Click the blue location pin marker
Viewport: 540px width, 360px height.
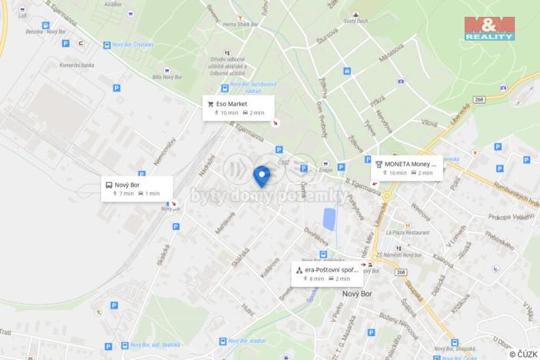click(262, 175)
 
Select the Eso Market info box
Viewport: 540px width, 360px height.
click(238, 107)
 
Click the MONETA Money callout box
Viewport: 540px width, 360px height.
click(407, 168)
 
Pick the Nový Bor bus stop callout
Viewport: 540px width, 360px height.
click(136, 189)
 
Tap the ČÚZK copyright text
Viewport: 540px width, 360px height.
click(523, 354)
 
